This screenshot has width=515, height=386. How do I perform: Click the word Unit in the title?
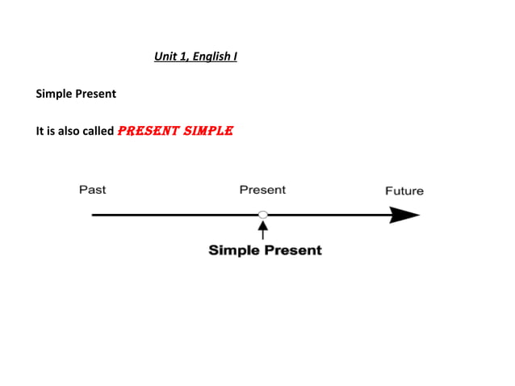[164, 57]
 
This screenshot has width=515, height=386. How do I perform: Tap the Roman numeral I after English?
[234, 57]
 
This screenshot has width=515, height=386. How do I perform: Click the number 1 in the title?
[182, 57]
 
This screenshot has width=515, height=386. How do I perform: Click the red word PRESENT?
[148, 130]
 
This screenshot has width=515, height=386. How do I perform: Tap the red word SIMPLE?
[207, 130]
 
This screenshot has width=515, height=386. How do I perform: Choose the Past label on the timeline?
[92, 190]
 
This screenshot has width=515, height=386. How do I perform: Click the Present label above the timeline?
[262, 190]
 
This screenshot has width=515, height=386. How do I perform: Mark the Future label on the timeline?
[404, 191]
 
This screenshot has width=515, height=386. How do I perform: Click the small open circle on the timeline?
[262, 215]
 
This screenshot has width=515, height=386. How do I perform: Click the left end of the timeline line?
[94, 215]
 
